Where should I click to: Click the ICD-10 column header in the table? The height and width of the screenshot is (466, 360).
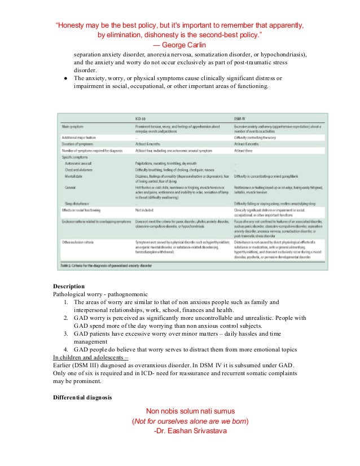pyautogui.click(x=141, y=119)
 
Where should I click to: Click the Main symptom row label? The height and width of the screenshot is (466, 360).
pyautogui.click(x=74, y=128)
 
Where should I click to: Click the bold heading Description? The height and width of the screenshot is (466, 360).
pyautogui.click(x=69, y=286)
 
